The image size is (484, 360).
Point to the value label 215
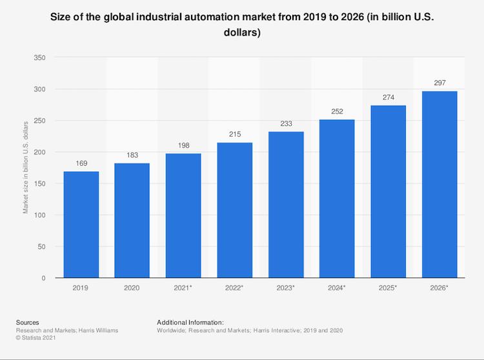tap(235, 135)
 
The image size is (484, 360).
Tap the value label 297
tap(439, 84)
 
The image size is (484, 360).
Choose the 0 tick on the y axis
tap(43, 278)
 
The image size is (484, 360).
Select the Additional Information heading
tap(190, 321)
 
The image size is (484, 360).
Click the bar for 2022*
tap(235, 210)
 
